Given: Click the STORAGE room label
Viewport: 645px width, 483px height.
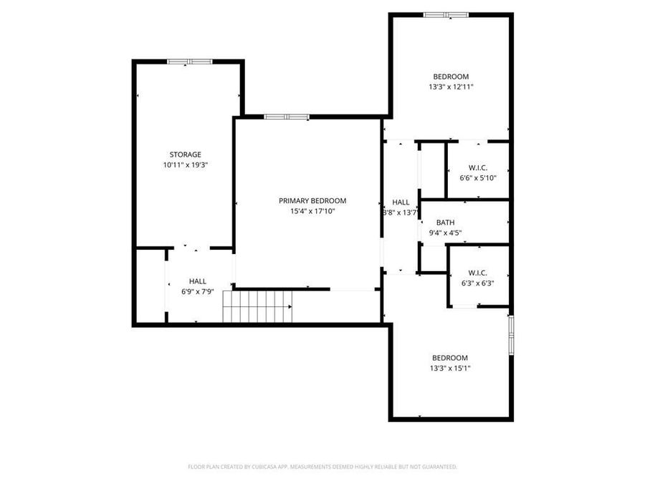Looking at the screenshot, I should tap(185, 155).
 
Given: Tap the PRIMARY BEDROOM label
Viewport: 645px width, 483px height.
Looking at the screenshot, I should tap(312, 201).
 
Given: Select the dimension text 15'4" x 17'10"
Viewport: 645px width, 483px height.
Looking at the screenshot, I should tap(312, 211).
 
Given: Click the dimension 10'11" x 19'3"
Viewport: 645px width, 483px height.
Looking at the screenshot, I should tap(185, 165).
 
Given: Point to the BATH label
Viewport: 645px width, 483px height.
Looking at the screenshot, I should tap(445, 223).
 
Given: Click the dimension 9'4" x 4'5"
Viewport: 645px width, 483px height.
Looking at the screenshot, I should tap(445, 233).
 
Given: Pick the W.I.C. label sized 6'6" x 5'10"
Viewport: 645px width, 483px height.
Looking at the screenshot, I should tap(477, 167).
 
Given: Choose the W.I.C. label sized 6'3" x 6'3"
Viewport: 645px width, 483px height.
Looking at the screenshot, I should tap(477, 273).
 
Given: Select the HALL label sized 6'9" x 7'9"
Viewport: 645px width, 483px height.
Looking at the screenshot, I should tap(198, 281).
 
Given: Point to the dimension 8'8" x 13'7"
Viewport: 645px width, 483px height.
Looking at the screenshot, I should tap(401, 213).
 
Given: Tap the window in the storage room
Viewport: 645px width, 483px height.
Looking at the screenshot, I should tap(190, 62).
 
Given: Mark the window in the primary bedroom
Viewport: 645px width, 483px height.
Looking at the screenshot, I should tap(287, 117).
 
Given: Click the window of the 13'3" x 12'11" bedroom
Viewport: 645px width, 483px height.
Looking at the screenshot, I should tap(445, 14).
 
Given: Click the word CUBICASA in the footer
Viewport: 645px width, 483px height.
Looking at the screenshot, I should tap(262, 467).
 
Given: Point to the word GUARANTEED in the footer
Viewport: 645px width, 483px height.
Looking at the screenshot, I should tap(434, 467).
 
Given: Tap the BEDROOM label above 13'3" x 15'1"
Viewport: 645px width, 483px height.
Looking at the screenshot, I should tap(450, 358).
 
